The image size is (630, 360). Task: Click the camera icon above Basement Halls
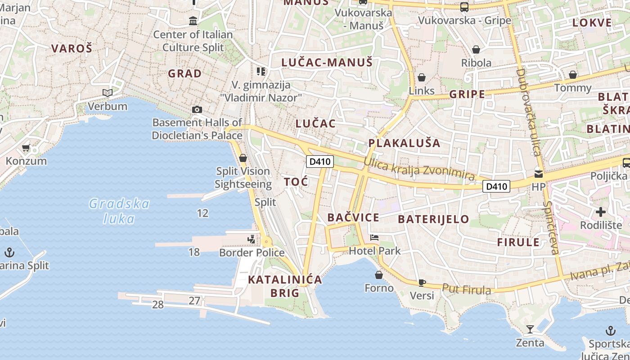(x=197, y=109)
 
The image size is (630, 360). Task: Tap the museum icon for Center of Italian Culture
(x=193, y=21)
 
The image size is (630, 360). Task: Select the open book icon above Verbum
(x=107, y=93)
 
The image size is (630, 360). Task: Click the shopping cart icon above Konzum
(x=26, y=148)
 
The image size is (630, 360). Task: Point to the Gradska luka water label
(x=119, y=211)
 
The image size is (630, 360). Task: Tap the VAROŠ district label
(x=72, y=49)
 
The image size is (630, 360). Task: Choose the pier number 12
(x=203, y=213)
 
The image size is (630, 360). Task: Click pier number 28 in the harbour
(x=157, y=305)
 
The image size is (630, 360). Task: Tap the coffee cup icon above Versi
(x=422, y=282)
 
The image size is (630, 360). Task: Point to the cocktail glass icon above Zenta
(x=530, y=329)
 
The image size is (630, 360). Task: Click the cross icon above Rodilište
(x=601, y=211)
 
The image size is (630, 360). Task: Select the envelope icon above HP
(x=538, y=173)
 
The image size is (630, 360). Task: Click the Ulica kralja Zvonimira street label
(x=419, y=169)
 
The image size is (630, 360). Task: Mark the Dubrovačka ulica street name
(x=528, y=112)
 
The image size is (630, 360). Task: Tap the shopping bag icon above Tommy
(x=573, y=74)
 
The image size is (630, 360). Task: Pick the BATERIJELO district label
(x=433, y=220)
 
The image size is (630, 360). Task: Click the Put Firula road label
(x=466, y=289)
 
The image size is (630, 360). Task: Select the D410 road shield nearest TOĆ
(x=319, y=162)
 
